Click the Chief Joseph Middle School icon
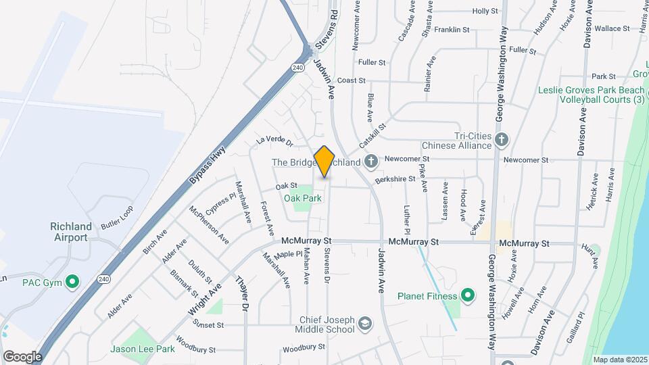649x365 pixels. click(365, 323)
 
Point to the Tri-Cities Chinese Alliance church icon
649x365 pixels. click(501, 140)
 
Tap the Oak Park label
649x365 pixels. click(303, 198)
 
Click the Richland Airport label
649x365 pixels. click(71, 232)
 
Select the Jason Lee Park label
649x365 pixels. click(143, 349)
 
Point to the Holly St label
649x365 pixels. click(485, 11)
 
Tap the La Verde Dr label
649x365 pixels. click(274, 142)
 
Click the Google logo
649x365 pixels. click(22, 356)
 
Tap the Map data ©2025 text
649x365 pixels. click(620, 360)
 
